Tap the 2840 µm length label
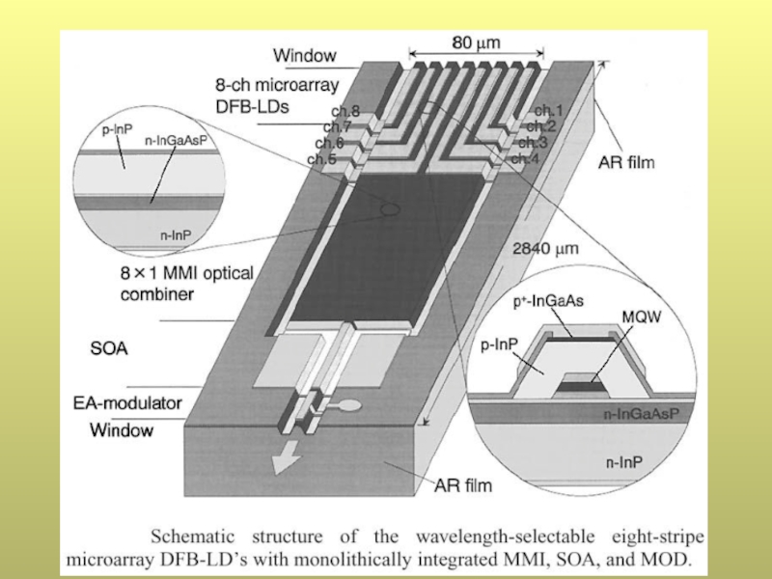tap(547, 248)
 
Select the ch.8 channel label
tap(345, 112)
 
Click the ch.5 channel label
tap(321, 159)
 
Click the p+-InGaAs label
tap(548, 300)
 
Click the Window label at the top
tap(305, 55)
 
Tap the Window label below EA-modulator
tap(122, 430)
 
